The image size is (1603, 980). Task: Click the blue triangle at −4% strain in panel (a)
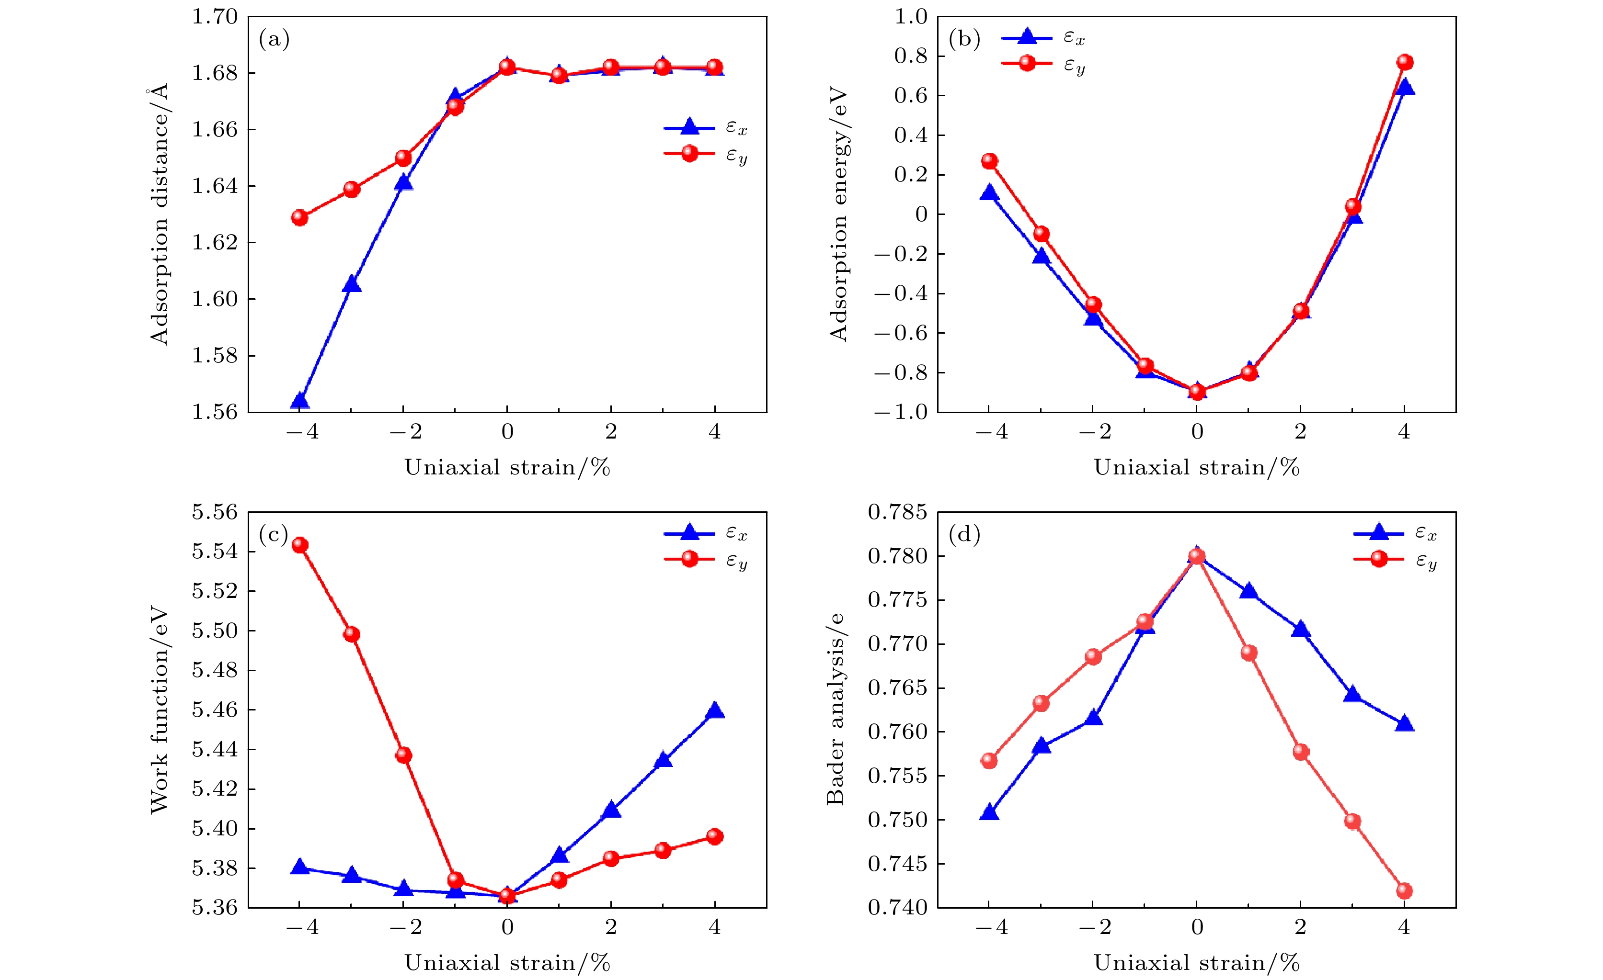(299, 401)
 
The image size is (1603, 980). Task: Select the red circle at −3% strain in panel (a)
(351, 189)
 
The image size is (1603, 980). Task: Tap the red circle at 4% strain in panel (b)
(1405, 62)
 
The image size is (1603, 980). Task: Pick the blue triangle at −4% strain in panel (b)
(989, 192)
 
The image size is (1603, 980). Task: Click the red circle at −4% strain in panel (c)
(300, 545)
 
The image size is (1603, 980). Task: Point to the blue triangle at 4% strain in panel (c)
(715, 710)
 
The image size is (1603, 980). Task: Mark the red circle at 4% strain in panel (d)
(1405, 891)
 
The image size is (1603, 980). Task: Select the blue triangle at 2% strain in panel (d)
(1301, 630)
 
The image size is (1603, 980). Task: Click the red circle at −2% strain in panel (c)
(403, 755)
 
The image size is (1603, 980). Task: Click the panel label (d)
(964, 535)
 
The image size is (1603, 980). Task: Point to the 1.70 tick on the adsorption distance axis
(215, 17)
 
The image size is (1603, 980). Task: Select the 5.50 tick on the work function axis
(215, 631)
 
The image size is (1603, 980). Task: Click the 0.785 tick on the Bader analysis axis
(897, 512)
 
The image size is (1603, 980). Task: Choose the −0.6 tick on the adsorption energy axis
(900, 333)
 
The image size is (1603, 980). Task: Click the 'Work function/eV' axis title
(160, 710)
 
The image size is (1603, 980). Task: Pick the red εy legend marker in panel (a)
(689, 154)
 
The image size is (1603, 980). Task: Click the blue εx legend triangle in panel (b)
(1027, 36)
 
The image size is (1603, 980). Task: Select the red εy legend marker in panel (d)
(1379, 559)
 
